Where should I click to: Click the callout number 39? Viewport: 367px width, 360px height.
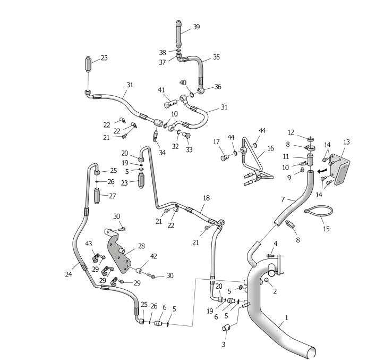[x=197, y=27]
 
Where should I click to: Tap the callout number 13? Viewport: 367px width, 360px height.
[x=346, y=142]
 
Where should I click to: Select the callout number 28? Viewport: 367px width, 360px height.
[x=141, y=246]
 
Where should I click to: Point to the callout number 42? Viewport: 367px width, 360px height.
[x=153, y=256]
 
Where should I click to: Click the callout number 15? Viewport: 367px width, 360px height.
[x=326, y=229]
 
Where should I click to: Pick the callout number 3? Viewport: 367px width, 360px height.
[x=223, y=344]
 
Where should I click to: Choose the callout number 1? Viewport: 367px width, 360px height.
[x=286, y=318]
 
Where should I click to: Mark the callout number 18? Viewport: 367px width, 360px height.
[x=206, y=198]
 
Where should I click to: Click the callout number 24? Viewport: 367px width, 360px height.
[x=69, y=274]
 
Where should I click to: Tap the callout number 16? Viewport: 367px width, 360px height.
[x=270, y=148]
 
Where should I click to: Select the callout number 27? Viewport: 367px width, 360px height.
[x=113, y=196]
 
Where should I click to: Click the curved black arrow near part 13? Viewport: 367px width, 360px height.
[x=322, y=171]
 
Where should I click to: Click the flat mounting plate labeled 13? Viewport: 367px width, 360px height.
[x=340, y=169]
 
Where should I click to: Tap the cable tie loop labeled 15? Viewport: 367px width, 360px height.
[x=319, y=210]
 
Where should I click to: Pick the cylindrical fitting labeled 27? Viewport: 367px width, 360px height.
[x=97, y=196]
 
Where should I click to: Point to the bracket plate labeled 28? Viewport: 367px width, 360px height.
[x=118, y=251]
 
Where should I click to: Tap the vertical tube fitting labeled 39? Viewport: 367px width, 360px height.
[x=179, y=34]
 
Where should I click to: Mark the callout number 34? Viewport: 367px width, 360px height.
[x=162, y=153]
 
